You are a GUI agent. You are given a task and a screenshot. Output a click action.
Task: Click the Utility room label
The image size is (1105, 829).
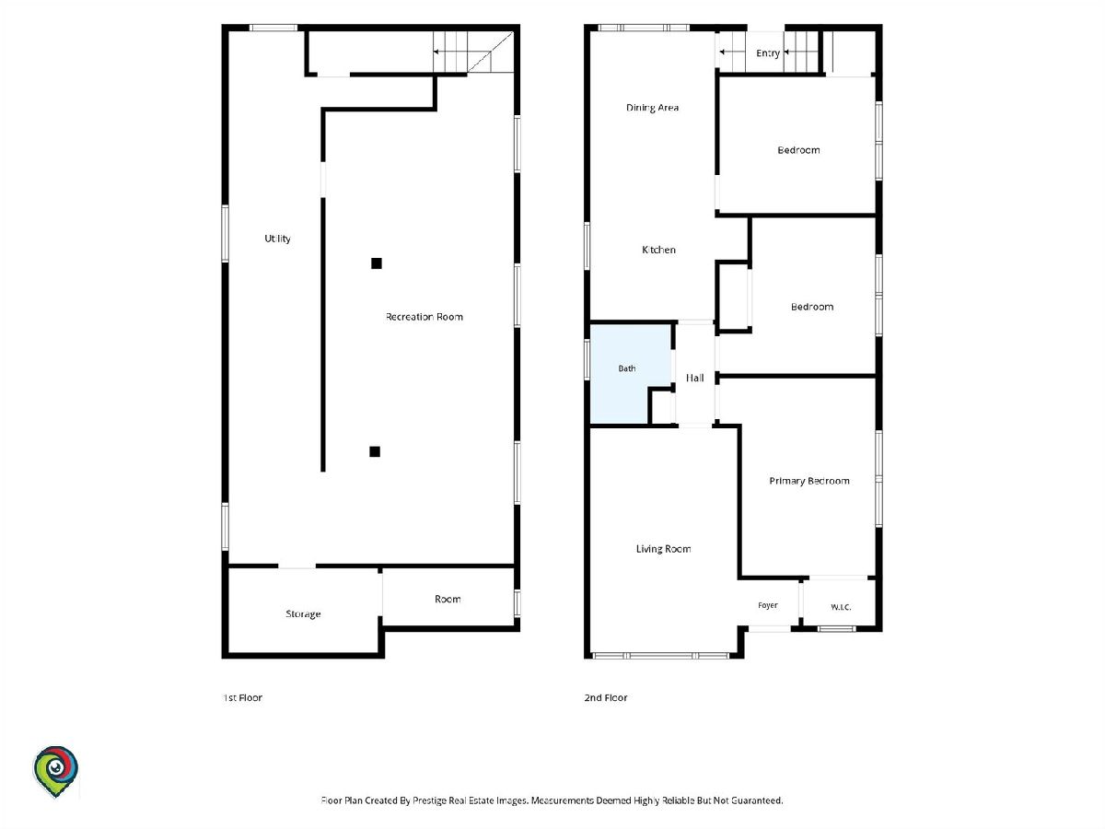coord(277,239)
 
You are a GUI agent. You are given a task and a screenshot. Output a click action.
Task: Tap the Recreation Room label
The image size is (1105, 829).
coord(424,317)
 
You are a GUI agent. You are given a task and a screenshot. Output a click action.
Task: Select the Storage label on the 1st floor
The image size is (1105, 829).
coord(303,613)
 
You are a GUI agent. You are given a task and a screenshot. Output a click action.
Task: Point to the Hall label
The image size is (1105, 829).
coord(694,378)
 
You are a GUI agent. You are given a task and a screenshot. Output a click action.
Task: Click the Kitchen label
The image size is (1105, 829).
coord(658,250)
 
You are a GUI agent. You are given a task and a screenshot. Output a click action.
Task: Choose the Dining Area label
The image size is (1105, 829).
coord(652,108)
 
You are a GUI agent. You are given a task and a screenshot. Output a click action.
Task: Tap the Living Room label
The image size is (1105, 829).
coord(663,549)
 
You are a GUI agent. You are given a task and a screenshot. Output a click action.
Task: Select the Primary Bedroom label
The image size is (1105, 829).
coord(809,481)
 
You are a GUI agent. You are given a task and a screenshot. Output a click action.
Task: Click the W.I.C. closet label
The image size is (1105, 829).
coord(841,607)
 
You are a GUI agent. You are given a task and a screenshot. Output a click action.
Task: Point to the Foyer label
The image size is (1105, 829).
coord(768,605)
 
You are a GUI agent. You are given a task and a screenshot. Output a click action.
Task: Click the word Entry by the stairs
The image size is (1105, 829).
coord(768,53)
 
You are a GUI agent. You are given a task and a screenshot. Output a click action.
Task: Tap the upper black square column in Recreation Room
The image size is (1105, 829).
coord(376,263)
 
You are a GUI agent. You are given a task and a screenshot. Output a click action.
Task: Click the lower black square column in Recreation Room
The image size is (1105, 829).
coord(375,451)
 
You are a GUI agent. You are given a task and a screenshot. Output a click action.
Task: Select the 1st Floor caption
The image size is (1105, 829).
coord(243,697)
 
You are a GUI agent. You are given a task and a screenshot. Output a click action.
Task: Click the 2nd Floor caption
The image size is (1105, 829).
coord(606,697)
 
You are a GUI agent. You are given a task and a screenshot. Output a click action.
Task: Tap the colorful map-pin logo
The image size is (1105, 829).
coord(55,771)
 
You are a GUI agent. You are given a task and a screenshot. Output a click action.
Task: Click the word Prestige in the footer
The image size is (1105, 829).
coord(429,800)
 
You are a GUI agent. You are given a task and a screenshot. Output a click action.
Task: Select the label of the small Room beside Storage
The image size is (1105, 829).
coord(448,599)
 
